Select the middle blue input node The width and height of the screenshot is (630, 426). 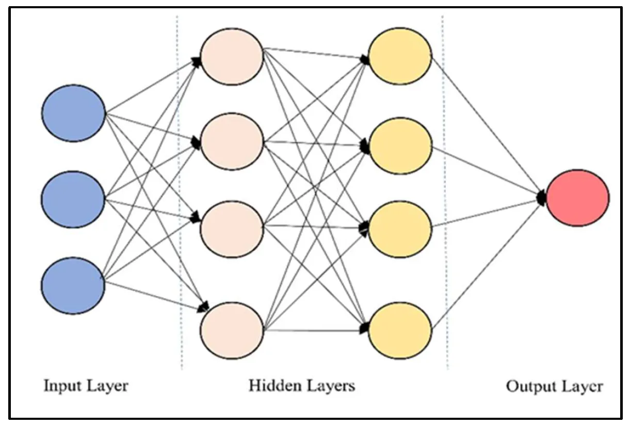point(73,199)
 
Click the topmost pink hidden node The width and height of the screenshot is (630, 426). point(232,56)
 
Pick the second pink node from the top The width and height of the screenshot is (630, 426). point(232,141)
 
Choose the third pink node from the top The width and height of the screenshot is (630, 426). point(232,229)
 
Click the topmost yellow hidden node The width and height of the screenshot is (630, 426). point(400,56)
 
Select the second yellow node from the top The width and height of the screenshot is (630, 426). point(400,145)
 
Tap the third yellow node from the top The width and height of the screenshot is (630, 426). point(400,229)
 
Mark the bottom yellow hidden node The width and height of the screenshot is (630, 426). point(400,329)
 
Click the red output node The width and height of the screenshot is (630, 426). point(577,198)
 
